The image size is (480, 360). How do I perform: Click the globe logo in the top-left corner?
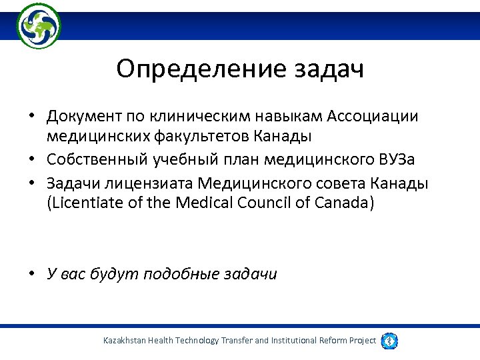(x=39, y=25)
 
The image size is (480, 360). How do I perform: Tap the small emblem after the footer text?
(x=389, y=341)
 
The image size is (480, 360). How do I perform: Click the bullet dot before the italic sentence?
(x=31, y=274)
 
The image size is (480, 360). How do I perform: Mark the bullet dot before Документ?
(x=31, y=117)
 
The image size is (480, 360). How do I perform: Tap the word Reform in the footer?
(x=331, y=341)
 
